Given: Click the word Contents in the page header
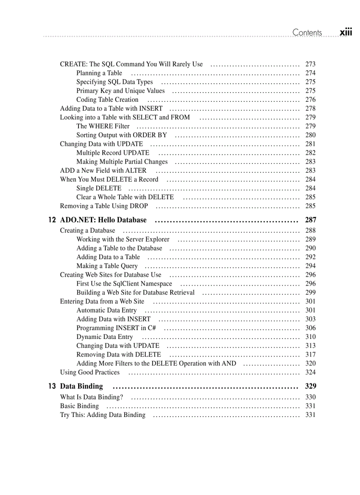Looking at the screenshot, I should [x=307, y=33].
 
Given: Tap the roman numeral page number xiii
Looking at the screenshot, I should [x=346, y=33].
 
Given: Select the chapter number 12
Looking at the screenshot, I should [x=52, y=220].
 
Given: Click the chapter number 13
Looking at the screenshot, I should [x=52, y=387].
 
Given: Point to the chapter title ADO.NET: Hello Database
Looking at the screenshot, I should [x=103, y=220].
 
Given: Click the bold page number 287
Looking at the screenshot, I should [x=310, y=220].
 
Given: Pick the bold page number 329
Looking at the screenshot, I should [x=310, y=387].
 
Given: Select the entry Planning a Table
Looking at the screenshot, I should [x=99, y=73].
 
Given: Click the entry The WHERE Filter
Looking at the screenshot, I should [x=103, y=126].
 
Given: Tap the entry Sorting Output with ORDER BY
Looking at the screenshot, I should [x=121, y=135].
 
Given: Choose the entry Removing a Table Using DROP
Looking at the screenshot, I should [x=104, y=206].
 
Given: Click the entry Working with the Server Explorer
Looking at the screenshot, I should [x=123, y=239].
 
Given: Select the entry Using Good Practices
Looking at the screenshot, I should [x=90, y=372].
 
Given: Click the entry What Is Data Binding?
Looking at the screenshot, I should [x=91, y=397].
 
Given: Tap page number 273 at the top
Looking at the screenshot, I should [x=310, y=64].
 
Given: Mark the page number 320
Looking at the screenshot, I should [x=310, y=364].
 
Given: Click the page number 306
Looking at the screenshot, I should [x=310, y=328].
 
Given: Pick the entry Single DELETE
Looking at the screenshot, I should [x=99, y=188].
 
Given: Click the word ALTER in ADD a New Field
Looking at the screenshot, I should [x=136, y=171].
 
